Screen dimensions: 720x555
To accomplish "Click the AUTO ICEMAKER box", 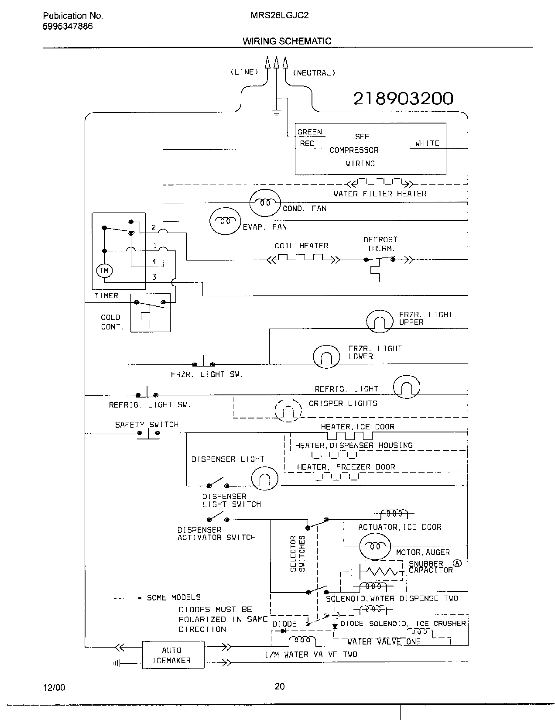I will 173,655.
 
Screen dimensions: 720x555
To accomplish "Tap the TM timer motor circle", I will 104,271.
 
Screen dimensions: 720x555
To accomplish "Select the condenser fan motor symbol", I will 264,202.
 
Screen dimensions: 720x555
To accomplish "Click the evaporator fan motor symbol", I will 225,221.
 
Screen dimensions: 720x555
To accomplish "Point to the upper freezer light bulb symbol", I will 380,322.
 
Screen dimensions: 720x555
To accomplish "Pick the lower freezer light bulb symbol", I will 326,356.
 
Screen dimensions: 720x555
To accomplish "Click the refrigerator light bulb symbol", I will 406,387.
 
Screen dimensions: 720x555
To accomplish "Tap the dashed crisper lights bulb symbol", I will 288,410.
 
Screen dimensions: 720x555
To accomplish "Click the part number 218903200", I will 403,99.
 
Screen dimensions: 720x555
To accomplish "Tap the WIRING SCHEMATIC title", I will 287,41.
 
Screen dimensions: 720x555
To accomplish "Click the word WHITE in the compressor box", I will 427,143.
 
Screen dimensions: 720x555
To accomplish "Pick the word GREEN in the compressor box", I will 309,132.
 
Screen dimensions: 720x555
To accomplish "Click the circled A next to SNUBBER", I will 457,563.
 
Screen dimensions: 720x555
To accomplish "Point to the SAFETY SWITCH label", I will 147,425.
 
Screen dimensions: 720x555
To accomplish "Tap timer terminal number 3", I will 154,277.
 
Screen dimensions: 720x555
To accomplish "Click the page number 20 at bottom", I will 279,686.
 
